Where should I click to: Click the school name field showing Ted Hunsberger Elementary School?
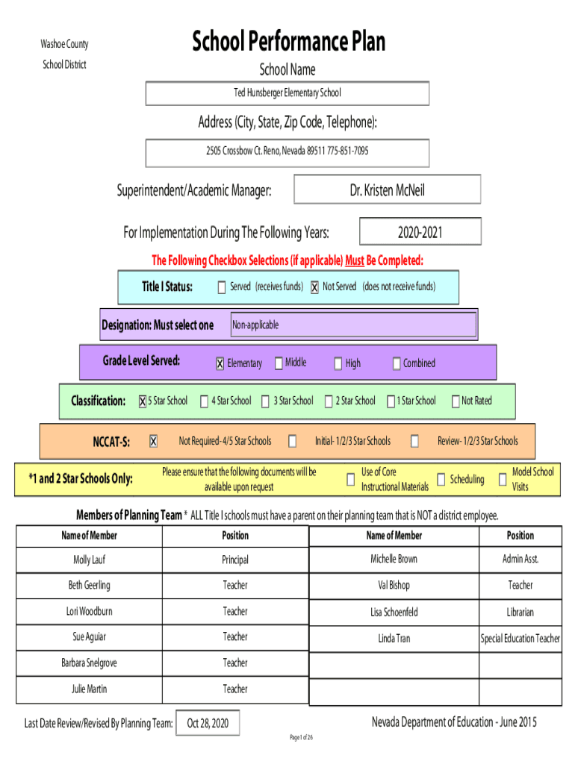coord(287,93)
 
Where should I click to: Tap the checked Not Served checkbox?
coord(314,287)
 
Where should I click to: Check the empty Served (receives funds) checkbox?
coord(222,287)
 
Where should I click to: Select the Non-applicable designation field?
coord(353,325)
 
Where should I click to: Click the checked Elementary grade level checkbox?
coord(220,363)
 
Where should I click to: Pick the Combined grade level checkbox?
coord(397,363)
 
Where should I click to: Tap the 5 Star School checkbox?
coord(143,401)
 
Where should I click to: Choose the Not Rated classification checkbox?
coord(456,401)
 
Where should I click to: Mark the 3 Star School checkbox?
coord(265,401)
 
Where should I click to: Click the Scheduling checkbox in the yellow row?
coord(441,480)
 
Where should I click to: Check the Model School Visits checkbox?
coord(503,480)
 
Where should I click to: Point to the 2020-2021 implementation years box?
coord(420,231)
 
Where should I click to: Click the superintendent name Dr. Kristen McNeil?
coord(388,190)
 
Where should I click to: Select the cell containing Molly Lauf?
coord(90,560)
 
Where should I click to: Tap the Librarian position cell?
coord(520,613)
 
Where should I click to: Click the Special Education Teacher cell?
coord(520,639)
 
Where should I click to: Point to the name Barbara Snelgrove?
coord(90,663)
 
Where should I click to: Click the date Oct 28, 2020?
coord(208,724)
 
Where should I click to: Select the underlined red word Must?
coord(355,260)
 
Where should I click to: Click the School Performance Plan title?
coord(289,41)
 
